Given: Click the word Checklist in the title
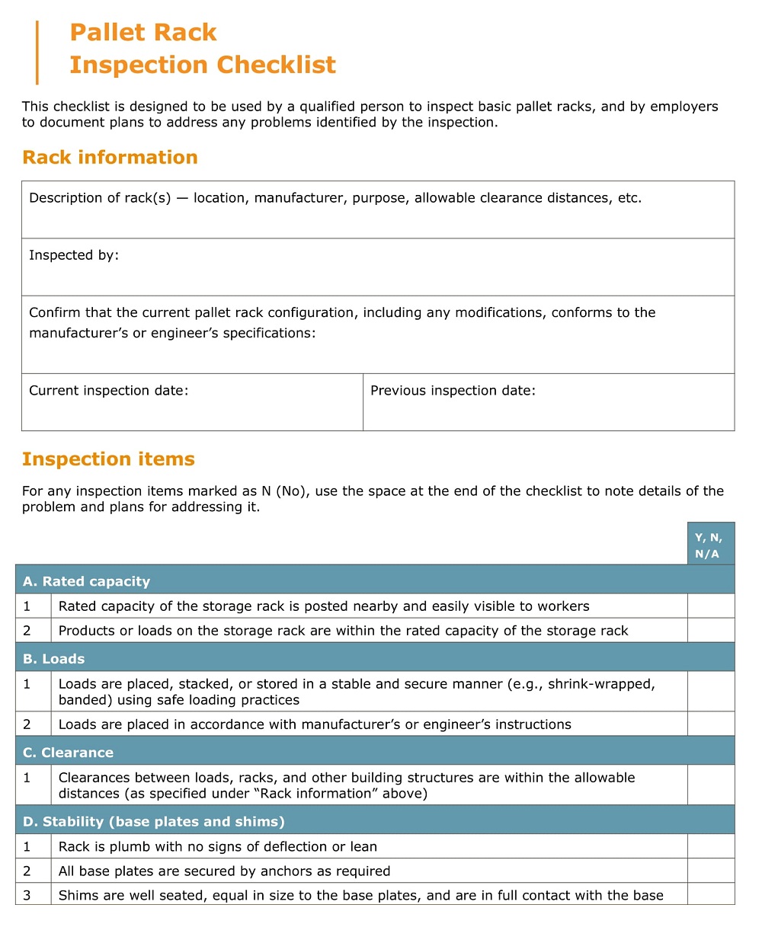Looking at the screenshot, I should click(x=277, y=65).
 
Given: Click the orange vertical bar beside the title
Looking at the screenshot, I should click(x=37, y=52).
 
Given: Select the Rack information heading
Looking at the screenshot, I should click(x=110, y=158).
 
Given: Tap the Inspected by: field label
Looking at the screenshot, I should click(x=74, y=256).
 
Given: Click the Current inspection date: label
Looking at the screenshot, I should click(x=108, y=391).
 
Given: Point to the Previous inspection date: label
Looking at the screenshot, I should click(x=453, y=391).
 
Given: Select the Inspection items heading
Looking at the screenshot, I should click(x=108, y=459).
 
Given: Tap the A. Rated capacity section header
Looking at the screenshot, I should click(x=86, y=581).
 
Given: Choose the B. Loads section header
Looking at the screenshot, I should click(x=53, y=659).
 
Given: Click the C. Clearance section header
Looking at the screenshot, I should click(x=68, y=753).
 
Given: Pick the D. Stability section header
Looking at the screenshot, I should click(x=153, y=822).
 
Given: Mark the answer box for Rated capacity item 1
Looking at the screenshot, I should click(x=710, y=606).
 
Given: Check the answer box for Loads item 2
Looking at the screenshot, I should click(x=710, y=724).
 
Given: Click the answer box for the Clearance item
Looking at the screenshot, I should click(x=710, y=785).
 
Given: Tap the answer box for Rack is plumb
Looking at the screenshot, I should click(x=710, y=846).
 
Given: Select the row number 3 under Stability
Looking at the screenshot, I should click(x=27, y=895).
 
